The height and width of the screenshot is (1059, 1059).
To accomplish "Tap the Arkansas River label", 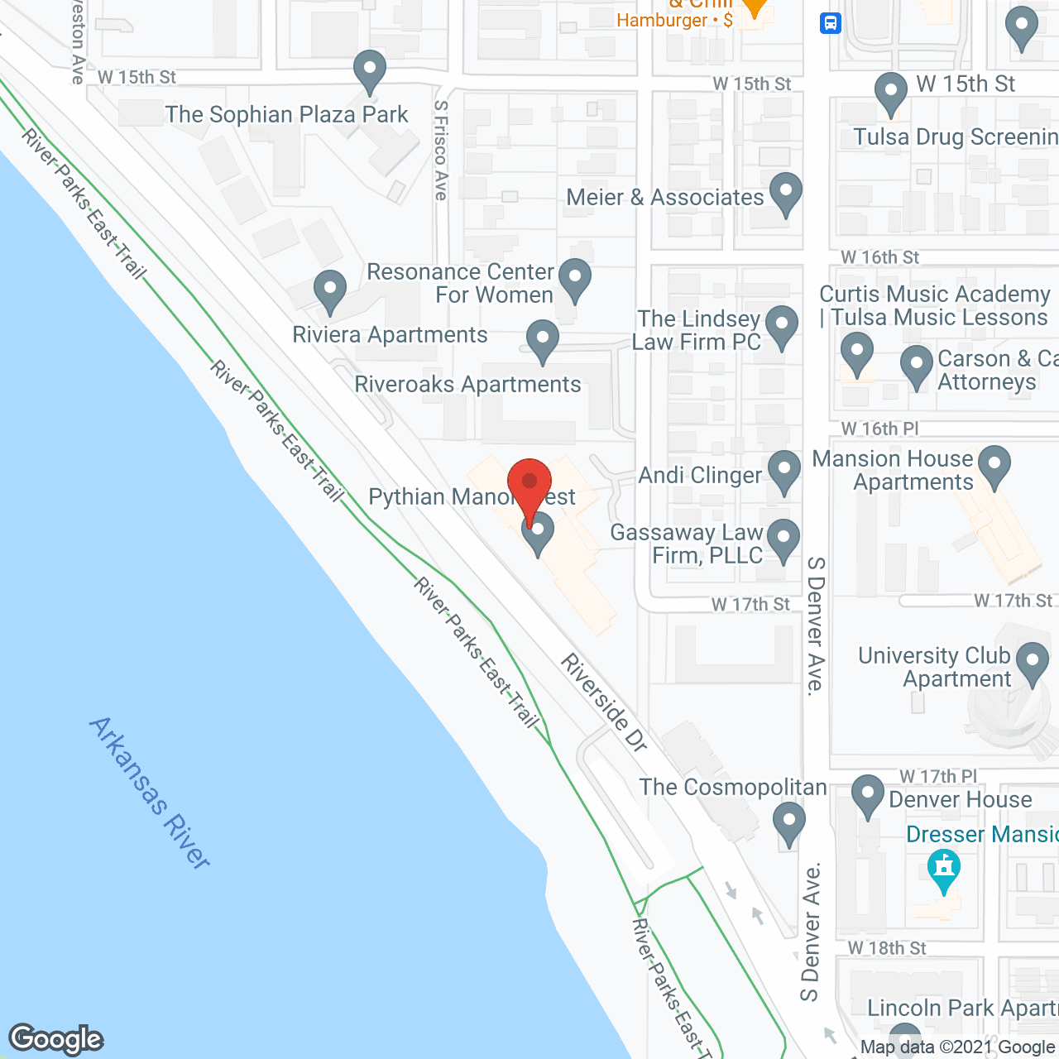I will (x=150, y=792).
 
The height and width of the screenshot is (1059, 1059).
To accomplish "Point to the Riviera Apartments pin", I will (x=330, y=291).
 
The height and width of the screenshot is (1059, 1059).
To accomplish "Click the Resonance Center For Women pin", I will (x=574, y=279).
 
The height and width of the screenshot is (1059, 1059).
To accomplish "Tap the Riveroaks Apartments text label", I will (x=467, y=385).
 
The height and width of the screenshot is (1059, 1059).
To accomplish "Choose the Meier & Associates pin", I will (x=785, y=193).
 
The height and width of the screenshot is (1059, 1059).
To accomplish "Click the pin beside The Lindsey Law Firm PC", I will (x=781, y=326).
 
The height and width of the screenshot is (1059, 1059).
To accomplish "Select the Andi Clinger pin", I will (x=783, y=471).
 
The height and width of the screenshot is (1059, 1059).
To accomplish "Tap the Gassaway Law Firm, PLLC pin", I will (x=783, y=539).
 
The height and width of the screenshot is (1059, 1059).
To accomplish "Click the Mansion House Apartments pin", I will (x=994, y=466).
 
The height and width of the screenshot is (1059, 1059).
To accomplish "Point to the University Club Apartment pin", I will (x=1032, y=664).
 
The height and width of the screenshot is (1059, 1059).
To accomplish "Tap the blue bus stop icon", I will (x=831, y=23).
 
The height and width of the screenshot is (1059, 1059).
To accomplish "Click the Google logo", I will (x=56, y=1039).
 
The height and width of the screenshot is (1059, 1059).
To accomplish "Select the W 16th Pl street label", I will (x=879, y=429).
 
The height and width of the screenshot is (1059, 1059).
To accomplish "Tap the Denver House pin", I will (x=867, y=795).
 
